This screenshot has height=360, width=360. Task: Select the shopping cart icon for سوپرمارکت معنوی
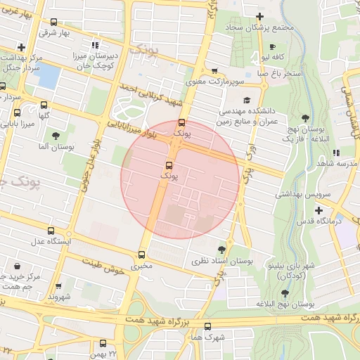click(214, 71)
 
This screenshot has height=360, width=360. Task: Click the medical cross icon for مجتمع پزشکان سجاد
click(260, 16)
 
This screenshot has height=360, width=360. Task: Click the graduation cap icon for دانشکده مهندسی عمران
click(247, 101)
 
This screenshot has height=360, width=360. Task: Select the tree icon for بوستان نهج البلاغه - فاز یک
click(304, 118)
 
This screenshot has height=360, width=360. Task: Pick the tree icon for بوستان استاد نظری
click(222, 249)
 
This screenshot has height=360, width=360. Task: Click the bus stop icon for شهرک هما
click(207, 326)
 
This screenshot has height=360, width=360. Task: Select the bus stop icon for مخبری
click(142, 255)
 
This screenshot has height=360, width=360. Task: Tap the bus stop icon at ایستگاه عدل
click(50, 231)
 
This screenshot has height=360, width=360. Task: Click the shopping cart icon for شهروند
click(58, 286)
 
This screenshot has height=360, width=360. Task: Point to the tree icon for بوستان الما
click(56, 136)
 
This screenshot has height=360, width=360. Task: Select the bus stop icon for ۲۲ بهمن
click(103, 343)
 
